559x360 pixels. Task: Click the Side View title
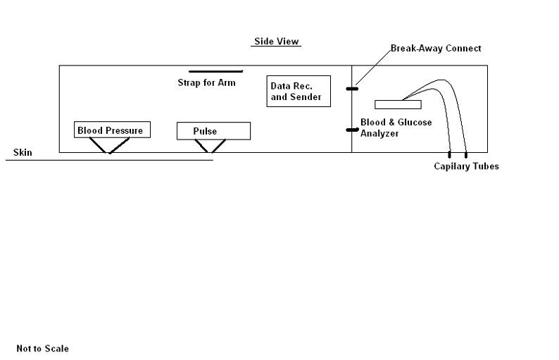tap(277, 42)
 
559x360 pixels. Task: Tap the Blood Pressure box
tap(111, 130)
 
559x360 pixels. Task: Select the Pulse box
tap(213, 131)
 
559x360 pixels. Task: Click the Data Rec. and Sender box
tap(299, 91)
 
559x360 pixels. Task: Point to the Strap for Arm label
tap(206, 82)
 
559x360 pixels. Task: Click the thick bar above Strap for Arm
tap(215, 71)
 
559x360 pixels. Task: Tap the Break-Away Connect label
tap(436, 49)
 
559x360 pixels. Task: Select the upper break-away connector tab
tap(352, 89)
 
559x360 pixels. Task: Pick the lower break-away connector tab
tap(352, 130)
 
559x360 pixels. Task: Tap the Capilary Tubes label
tap(466, 166)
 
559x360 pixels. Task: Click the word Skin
tap(23, 152)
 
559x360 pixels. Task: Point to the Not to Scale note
tap(43, 349)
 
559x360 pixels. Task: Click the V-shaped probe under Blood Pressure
tap(108, 146)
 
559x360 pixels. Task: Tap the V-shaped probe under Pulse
tap(210, 146)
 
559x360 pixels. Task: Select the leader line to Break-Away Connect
tap(372, 68)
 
